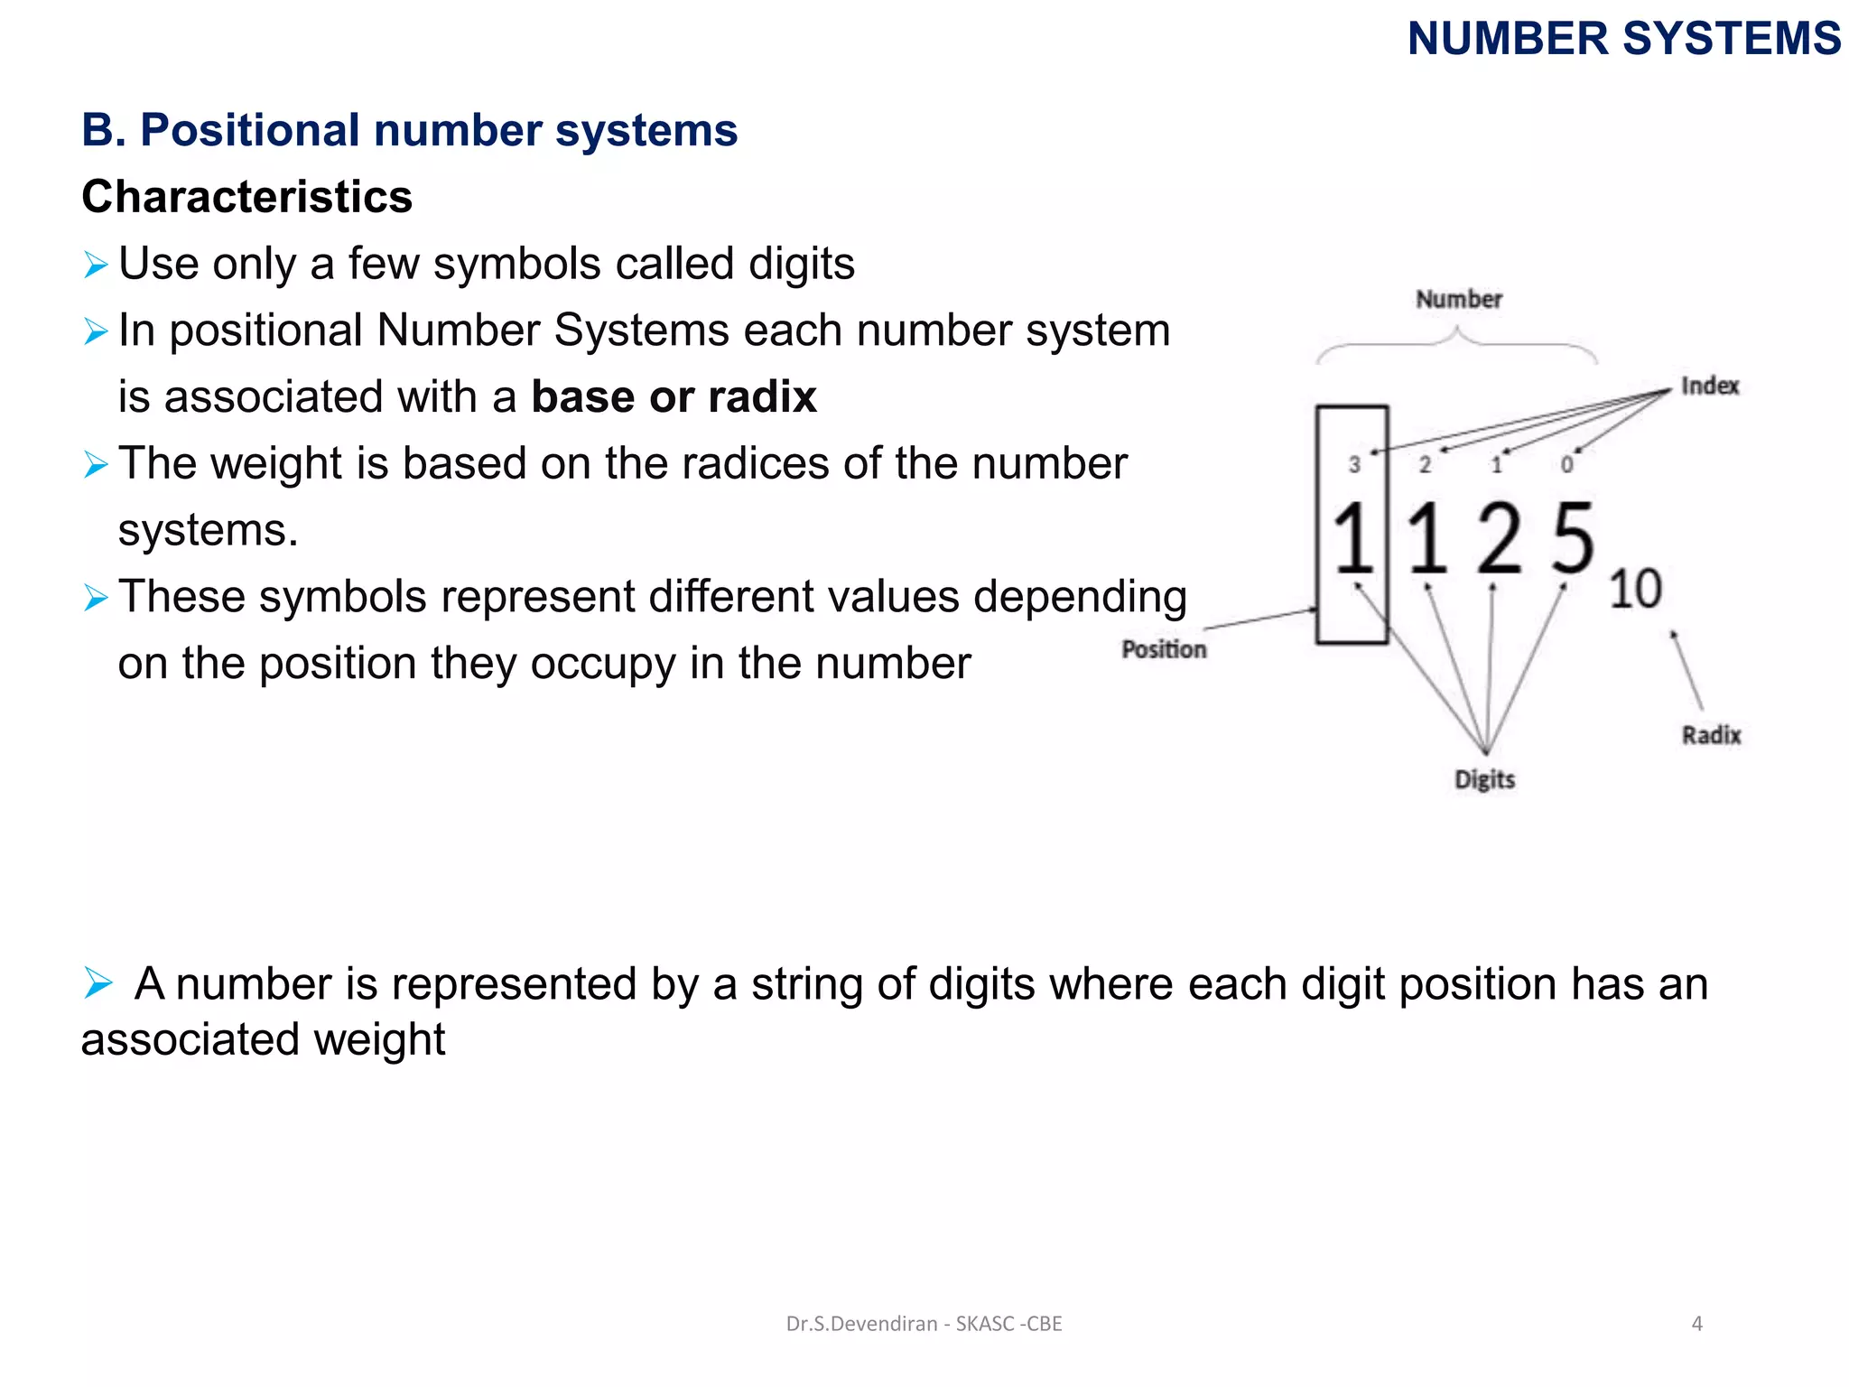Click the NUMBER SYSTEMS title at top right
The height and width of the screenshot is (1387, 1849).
pos(1623,40)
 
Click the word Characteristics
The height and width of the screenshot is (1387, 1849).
pos(246,197)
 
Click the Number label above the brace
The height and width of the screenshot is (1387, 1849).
pos(1458,299)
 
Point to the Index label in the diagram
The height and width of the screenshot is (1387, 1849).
pos(1709,386)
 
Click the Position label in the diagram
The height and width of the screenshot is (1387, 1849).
pos(1163,649)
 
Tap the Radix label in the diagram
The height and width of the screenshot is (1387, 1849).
pos(1711,735)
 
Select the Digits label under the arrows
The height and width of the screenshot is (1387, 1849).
pos(1484,779)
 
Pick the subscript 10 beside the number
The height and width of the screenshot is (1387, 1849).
pos(1635,589)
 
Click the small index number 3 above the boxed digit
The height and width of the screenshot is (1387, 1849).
pos(1354,465)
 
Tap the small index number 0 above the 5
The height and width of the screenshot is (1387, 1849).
pos(1566,465)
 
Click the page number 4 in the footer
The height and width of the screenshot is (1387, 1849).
pos(1696,1324)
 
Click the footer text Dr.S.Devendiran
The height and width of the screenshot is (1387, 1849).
pos(861,1324)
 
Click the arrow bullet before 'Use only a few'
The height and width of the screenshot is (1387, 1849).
pos(95,265)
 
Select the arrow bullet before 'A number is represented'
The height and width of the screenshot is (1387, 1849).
pos(97,982)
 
